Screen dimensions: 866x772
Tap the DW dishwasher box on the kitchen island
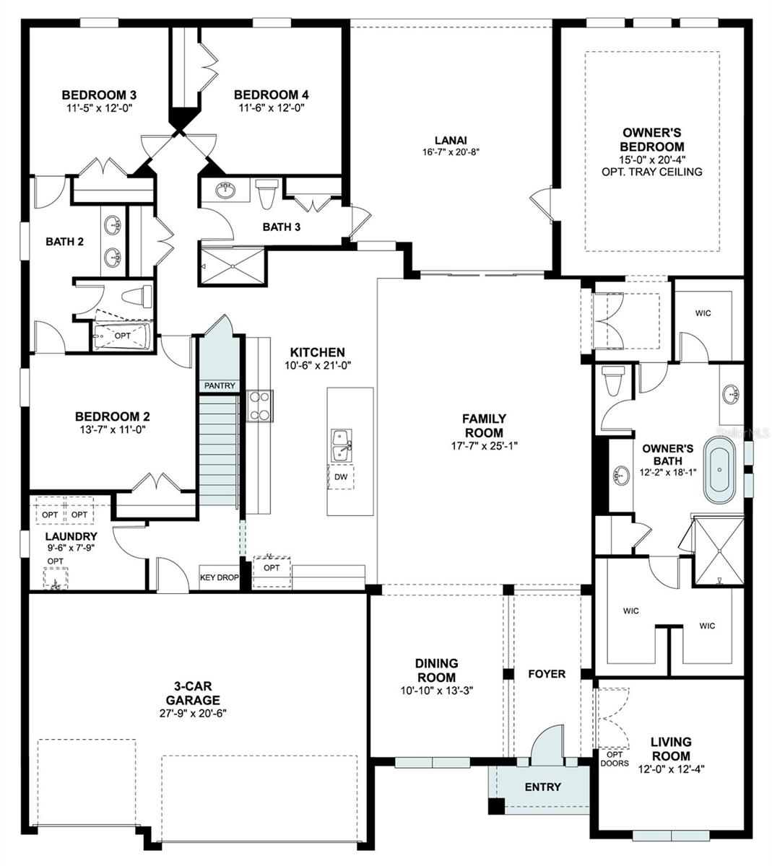point(340,477)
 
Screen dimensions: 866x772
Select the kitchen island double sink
point(341,445)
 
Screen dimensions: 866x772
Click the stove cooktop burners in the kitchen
point(259,405)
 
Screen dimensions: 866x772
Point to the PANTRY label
point(220,385)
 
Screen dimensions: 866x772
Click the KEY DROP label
point(219,577)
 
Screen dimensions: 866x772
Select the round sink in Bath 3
point(226,191)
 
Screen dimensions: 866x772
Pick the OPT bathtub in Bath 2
point(122,336)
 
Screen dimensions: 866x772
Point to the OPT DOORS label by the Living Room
point(614,758)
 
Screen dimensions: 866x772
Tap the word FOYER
point(547,673)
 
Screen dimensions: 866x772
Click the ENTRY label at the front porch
point(542,787)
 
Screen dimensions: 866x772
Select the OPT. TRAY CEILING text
point(651,172)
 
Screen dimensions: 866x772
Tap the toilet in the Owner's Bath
point(614,380)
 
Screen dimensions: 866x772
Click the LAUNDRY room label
point(71,536)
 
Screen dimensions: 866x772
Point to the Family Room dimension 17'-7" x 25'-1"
point(484,445)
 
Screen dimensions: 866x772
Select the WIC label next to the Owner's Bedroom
point(703,313)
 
